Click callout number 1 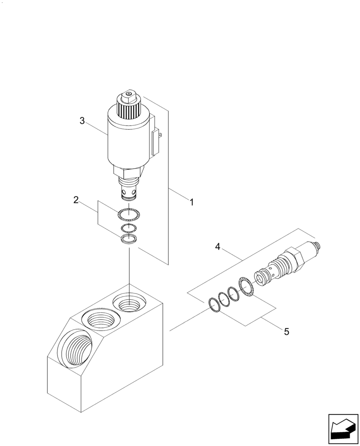click(x=192, y=202)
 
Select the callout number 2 click(x=76, y=200)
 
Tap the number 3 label click(x=82, y=121)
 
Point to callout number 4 click(x=218, y=246)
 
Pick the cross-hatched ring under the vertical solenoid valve click(x=129, y=215)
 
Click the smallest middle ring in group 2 click(x=129, y=229)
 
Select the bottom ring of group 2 click(x=129, y=239)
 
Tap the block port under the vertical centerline click(x=129, y=304)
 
